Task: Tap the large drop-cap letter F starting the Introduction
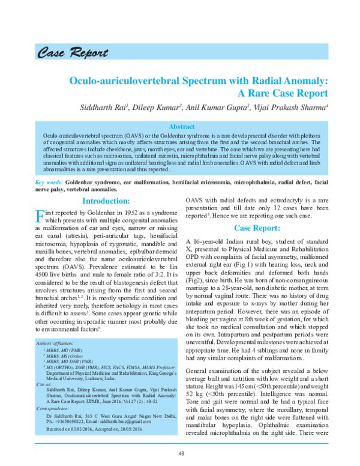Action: pos(41,217)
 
